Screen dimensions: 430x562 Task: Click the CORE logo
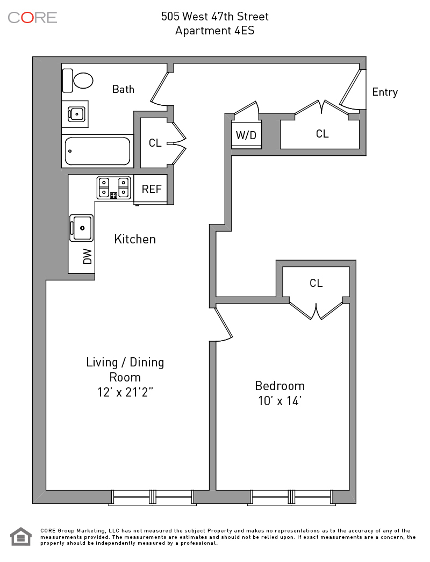pos(32,18)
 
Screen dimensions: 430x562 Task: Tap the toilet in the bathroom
pos(78,81)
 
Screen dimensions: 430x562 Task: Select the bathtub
pos(97,152)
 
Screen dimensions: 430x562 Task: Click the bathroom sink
pos(76,114)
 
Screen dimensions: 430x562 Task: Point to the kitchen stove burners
pos(114,188)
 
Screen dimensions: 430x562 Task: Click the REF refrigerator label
pos(152,189)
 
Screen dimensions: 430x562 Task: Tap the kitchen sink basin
pos(82,228)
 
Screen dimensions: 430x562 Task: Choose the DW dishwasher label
pos(88,256)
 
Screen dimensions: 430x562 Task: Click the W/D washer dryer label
pos(246,135)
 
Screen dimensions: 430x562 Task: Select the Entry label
pos(385,92)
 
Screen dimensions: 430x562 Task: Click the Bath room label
pos(123,89)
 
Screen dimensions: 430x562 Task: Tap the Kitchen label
pos(135,239)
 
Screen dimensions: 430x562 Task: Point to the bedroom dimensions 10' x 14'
pos(279,401)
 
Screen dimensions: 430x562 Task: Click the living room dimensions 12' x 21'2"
pos(125,392)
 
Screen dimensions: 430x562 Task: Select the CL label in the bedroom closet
pos(316,283)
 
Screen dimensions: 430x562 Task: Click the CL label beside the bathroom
pos(155,143)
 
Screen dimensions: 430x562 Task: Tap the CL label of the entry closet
pos(322,134)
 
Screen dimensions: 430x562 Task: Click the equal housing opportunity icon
pos(21,537)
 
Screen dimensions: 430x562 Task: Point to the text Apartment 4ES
pos(215,31)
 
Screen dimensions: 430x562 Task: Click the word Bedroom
pos(279,386)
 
